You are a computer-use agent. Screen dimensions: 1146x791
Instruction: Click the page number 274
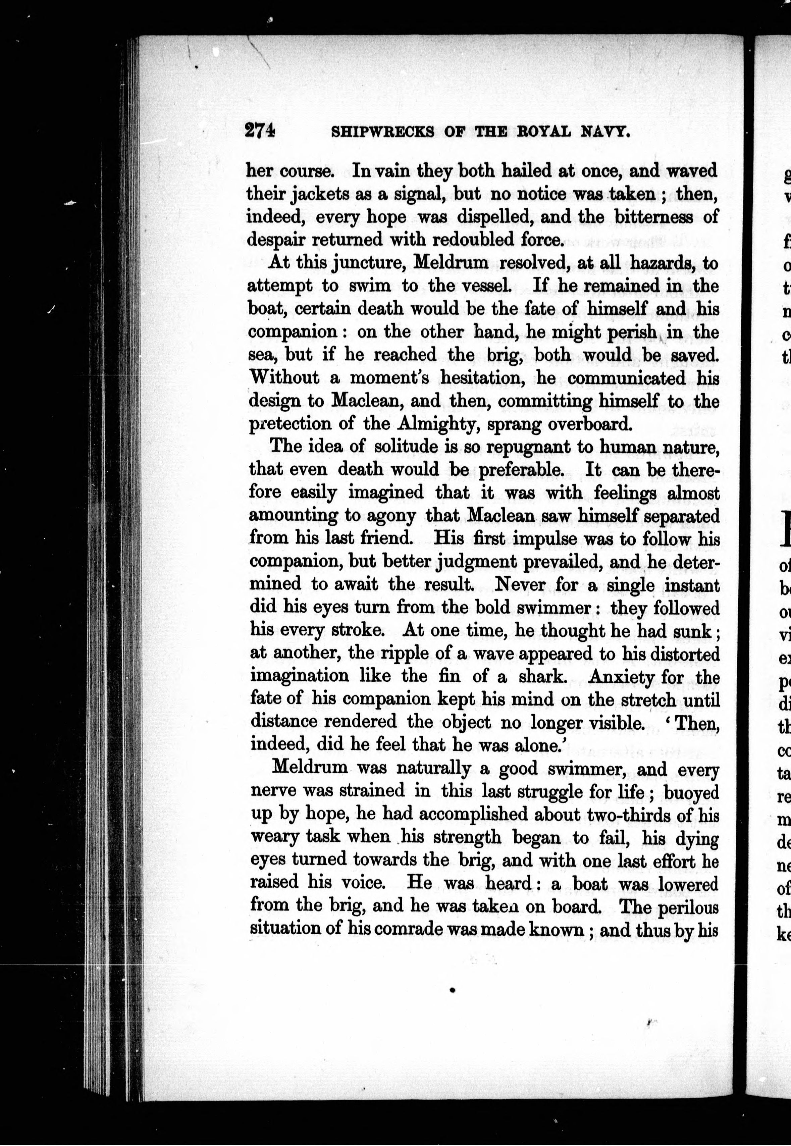point(260,132)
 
